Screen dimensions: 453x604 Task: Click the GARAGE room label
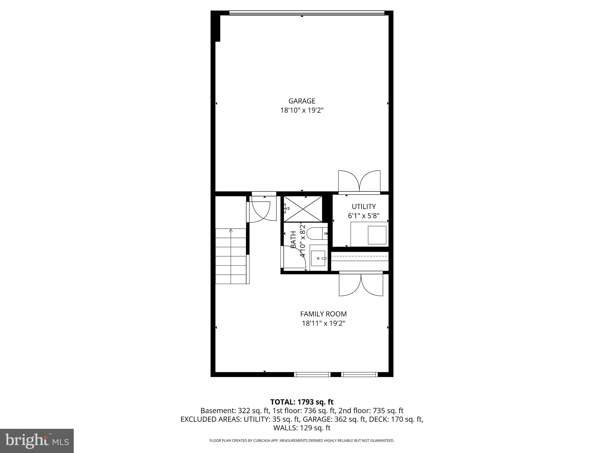coord(302,101)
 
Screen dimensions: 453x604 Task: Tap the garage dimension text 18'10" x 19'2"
coord(302,111)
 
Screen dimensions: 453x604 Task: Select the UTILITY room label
coord(364,206)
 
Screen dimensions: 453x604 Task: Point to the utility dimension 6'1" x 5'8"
coord(364,216)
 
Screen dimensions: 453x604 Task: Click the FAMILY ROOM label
coord(323,314)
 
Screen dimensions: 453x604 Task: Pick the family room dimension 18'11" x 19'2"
coord(323,323)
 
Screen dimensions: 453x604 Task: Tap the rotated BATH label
coord(293,239)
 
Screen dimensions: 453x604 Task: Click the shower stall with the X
coord(303,209)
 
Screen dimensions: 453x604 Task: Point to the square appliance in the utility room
coord(377,235)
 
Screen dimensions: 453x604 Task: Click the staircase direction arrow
coord(231,231)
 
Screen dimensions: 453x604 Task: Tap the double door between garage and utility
coord(359,182)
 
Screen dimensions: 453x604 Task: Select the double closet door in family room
coord(361,284)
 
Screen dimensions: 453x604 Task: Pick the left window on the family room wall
coord(312,375)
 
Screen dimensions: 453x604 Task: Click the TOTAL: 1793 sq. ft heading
coord(302,402)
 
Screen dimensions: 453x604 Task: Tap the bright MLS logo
coord(37,441)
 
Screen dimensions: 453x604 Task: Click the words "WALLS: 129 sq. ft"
coord(302,428)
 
